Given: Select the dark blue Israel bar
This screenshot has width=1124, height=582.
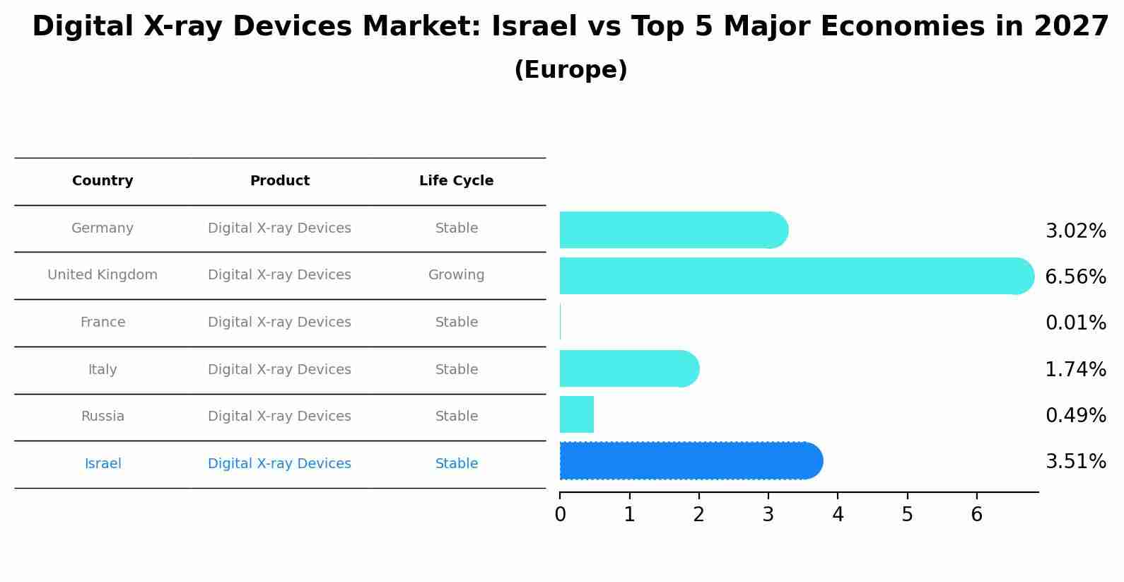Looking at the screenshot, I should pos(689,461).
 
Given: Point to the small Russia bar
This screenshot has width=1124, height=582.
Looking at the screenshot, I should pos(577,414).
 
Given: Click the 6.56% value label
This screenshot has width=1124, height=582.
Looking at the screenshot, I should pos(1075,277).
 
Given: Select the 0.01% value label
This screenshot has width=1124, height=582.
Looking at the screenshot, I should pos(1075,323).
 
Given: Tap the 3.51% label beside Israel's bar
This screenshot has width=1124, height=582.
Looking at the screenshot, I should pos(1075,462).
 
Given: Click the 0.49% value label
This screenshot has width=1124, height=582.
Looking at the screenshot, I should pos(1075,416).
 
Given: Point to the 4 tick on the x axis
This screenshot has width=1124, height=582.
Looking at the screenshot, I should pos(838,515).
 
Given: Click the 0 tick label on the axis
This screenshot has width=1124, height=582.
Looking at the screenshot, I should pos(560,515).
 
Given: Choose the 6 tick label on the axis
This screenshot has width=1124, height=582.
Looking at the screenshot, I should pos(976,515).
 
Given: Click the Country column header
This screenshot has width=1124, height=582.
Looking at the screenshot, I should pos(103,181).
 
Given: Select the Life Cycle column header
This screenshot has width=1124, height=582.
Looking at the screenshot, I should pos(456,181).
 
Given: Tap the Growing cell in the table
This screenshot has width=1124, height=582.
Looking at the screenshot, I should pos(456,275).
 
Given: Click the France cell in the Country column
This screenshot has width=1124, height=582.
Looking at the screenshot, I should pos(103,322).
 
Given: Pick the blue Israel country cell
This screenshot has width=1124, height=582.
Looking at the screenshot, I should pos(103,464).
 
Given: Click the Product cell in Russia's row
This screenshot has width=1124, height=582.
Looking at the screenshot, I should pos(279,417).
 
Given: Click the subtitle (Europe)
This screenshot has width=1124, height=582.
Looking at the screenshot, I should pos(570,70).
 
